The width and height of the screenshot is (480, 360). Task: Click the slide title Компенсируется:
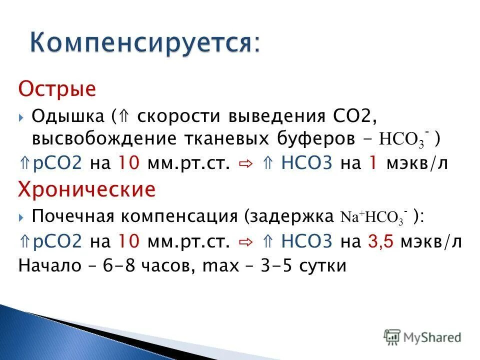(x=144, y=43)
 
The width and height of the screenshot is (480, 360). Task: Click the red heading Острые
(x=57, y=90)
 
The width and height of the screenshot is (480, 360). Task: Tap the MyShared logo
(x=422, y=336)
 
